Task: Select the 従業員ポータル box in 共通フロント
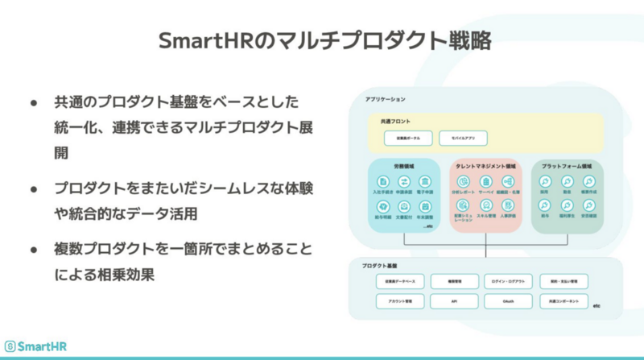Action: (402, 138)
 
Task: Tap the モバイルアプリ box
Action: (463, 138)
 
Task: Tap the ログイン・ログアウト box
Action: (509, 281)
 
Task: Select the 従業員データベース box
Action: (400, 281)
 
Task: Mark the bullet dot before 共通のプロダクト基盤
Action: (34, 103)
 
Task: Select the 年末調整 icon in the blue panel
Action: (427, 205)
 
